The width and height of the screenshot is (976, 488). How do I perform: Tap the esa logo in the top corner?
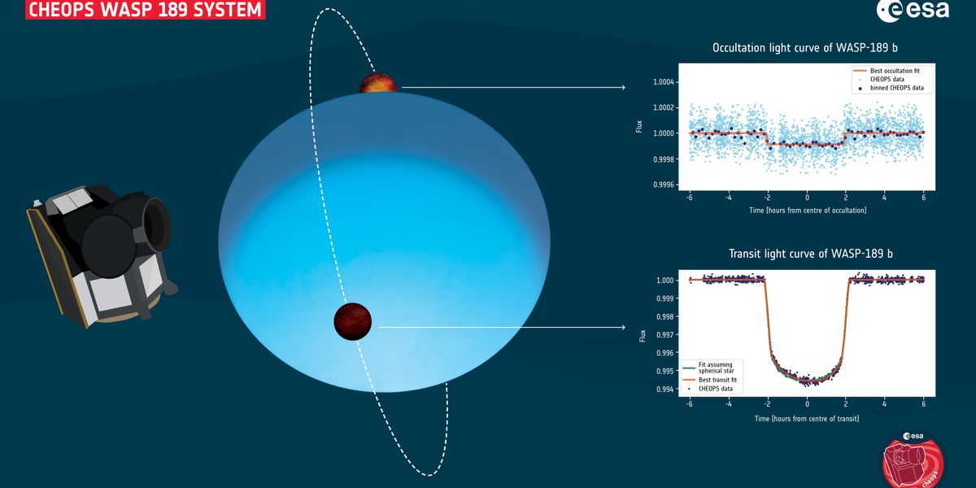(x=912, y=11)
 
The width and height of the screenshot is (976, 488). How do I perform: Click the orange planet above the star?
(x=379, y=84)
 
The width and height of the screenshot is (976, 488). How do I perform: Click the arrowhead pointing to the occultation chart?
(x=622, y=87)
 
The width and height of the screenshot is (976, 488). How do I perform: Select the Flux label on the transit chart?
(x=643, y=334)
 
